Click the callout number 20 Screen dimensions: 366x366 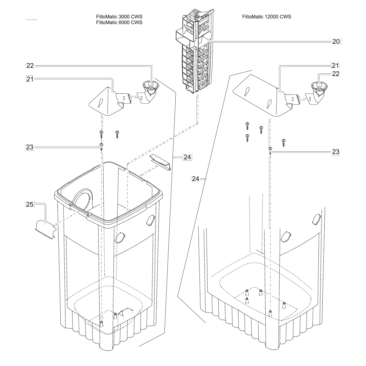click(x=336, y=42)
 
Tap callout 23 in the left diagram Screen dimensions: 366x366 click(x=30, y=147)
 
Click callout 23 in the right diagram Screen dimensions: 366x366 click(x=335, y=152)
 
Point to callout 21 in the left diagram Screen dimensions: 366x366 click(x=30, y=79)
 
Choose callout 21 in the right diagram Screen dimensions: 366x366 click(x=335, y=65)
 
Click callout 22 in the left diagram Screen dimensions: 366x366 click(x=30, y=65)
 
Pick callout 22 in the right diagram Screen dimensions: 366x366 click(x=335, y=74)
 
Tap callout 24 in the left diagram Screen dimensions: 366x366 click(x=187, y=157)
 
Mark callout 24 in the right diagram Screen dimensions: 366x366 click(x=196, y=179)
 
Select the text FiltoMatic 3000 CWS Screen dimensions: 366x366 click(x=119, y=17)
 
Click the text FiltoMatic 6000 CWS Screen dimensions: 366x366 click(x=119, y=23)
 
